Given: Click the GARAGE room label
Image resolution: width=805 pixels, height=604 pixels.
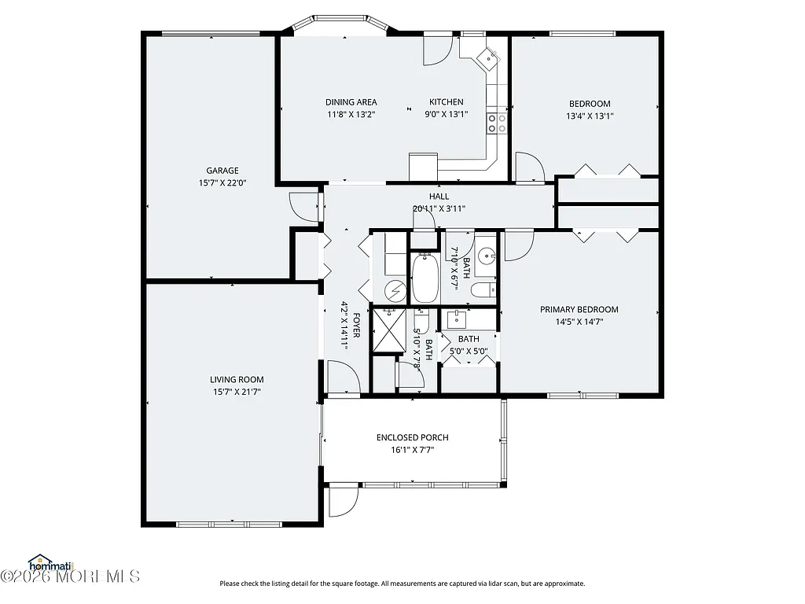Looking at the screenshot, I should [222, 171].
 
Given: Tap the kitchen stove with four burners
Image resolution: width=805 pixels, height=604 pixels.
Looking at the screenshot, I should [497, 123].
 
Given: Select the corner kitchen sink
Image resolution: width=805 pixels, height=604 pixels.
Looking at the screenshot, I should [489, 56].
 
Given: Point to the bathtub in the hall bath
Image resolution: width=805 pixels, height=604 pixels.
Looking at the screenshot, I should [425, 278].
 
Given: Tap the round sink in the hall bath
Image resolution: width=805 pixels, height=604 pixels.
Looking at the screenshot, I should [487, 256].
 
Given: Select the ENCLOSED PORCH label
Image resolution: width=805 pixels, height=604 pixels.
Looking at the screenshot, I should [413, 437].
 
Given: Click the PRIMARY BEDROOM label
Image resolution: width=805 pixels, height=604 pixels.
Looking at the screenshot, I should [579, 309].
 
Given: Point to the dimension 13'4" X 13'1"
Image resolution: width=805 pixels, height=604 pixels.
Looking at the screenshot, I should [590, 116].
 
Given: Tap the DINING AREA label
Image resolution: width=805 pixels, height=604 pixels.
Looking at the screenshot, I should [351, 102].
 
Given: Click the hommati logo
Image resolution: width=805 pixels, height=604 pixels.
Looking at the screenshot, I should [49, 562].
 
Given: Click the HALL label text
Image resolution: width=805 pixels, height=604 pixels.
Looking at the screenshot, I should [439, 197].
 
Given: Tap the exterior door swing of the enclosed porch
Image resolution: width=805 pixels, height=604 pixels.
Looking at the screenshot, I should [343, 501].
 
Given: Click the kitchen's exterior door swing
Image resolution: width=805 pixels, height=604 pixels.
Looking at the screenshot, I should [435, 50].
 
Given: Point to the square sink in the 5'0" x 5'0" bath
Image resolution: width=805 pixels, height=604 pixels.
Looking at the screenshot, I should [457, 319].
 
